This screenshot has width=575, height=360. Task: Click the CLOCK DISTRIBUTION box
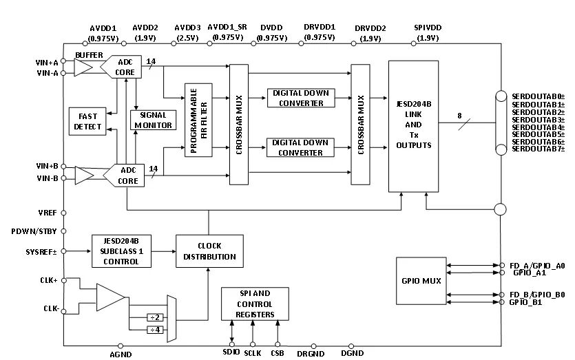(x=209, y=252)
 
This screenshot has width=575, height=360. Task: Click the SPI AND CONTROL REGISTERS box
(x=254, y=304)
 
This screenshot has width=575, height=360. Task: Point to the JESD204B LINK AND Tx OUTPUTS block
(x=413, y=126)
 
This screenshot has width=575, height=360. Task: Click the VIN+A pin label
(x=47, y=61)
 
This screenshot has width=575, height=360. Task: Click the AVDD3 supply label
(x=187, y=28)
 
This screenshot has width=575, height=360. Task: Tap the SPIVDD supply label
(x=427, y=28)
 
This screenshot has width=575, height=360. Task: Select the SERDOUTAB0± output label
(x=538, y=96)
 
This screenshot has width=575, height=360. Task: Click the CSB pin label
(x=278, y=352)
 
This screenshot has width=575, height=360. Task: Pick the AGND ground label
(x=121, y=354)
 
